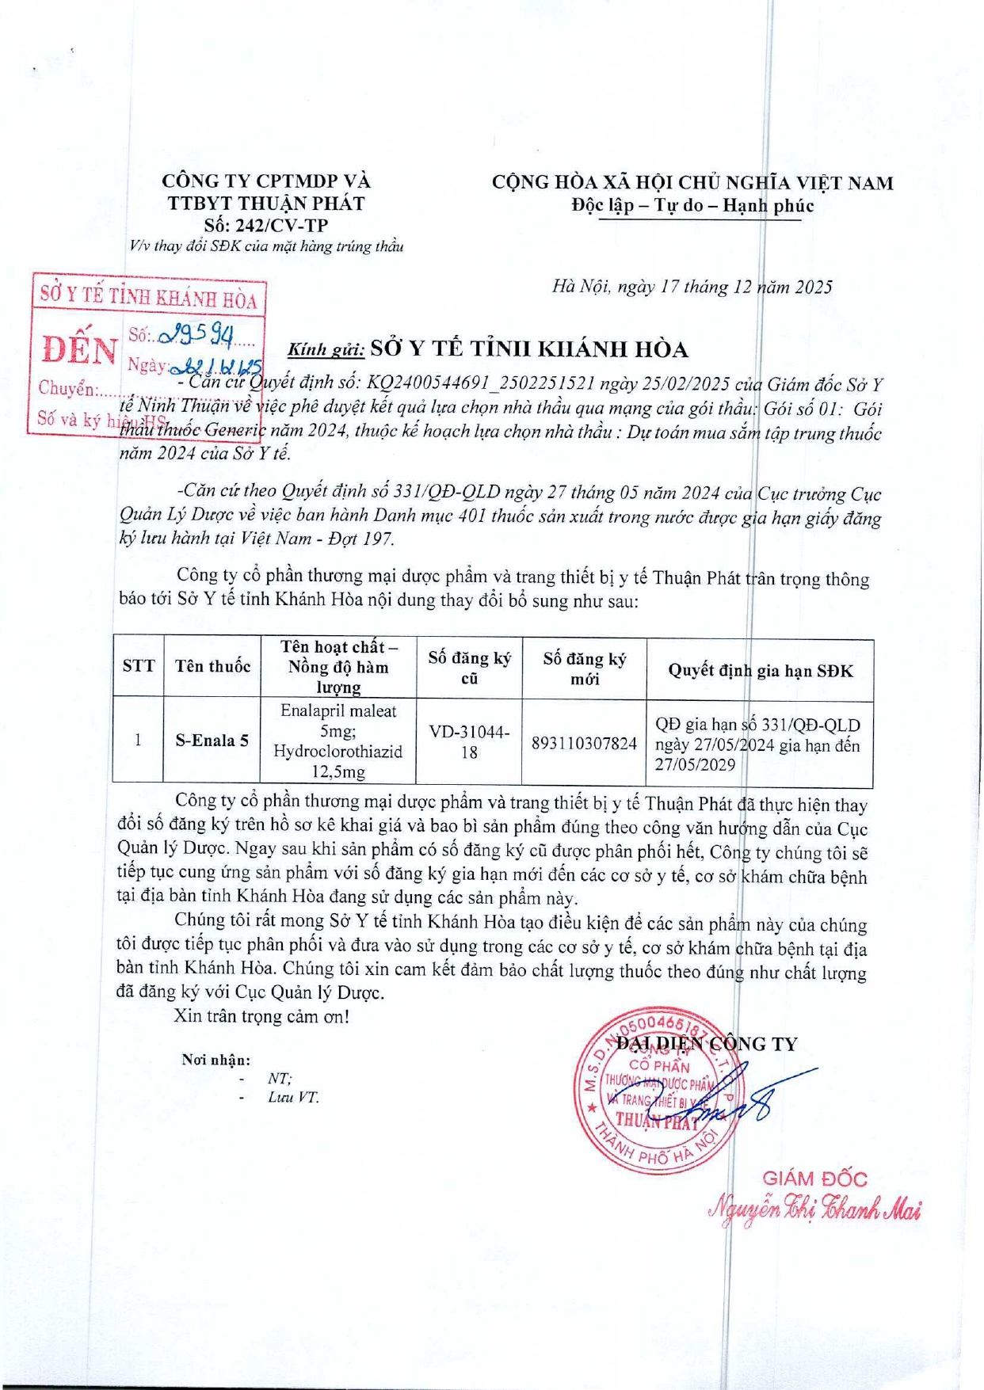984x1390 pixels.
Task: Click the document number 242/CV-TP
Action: click(265, 225)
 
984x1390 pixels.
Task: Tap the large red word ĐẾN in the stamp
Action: click(79, 349)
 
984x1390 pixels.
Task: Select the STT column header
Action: click(139, 665)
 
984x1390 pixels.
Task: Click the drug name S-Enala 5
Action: click(212, 741)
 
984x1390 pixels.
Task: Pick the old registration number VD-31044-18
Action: click(469, 741)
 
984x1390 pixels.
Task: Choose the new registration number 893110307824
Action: click(584, 743)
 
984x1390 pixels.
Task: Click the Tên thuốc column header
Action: click(212, 665)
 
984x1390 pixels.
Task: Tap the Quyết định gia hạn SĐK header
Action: click(760, 670)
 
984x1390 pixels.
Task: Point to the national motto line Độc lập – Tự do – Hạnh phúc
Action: click(692, 205)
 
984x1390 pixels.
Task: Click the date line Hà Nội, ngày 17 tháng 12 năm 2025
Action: click(692, 287)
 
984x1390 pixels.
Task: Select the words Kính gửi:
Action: click(326, 349)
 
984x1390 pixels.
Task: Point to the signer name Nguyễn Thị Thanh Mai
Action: click(814, 1209)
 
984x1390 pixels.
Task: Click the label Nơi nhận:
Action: click(215, 1060)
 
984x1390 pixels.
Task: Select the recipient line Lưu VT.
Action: click(293, 1097)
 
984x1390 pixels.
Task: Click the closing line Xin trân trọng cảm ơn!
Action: click(261, 1015)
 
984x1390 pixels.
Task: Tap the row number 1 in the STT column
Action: click(139, 741)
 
